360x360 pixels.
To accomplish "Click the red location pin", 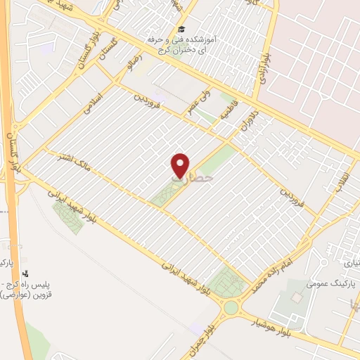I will (x=181, y=164).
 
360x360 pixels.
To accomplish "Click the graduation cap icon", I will (x=181, y=29).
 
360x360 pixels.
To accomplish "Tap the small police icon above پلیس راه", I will (x=26, y=274).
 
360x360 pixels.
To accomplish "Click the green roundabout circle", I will (x=231, y=308).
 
